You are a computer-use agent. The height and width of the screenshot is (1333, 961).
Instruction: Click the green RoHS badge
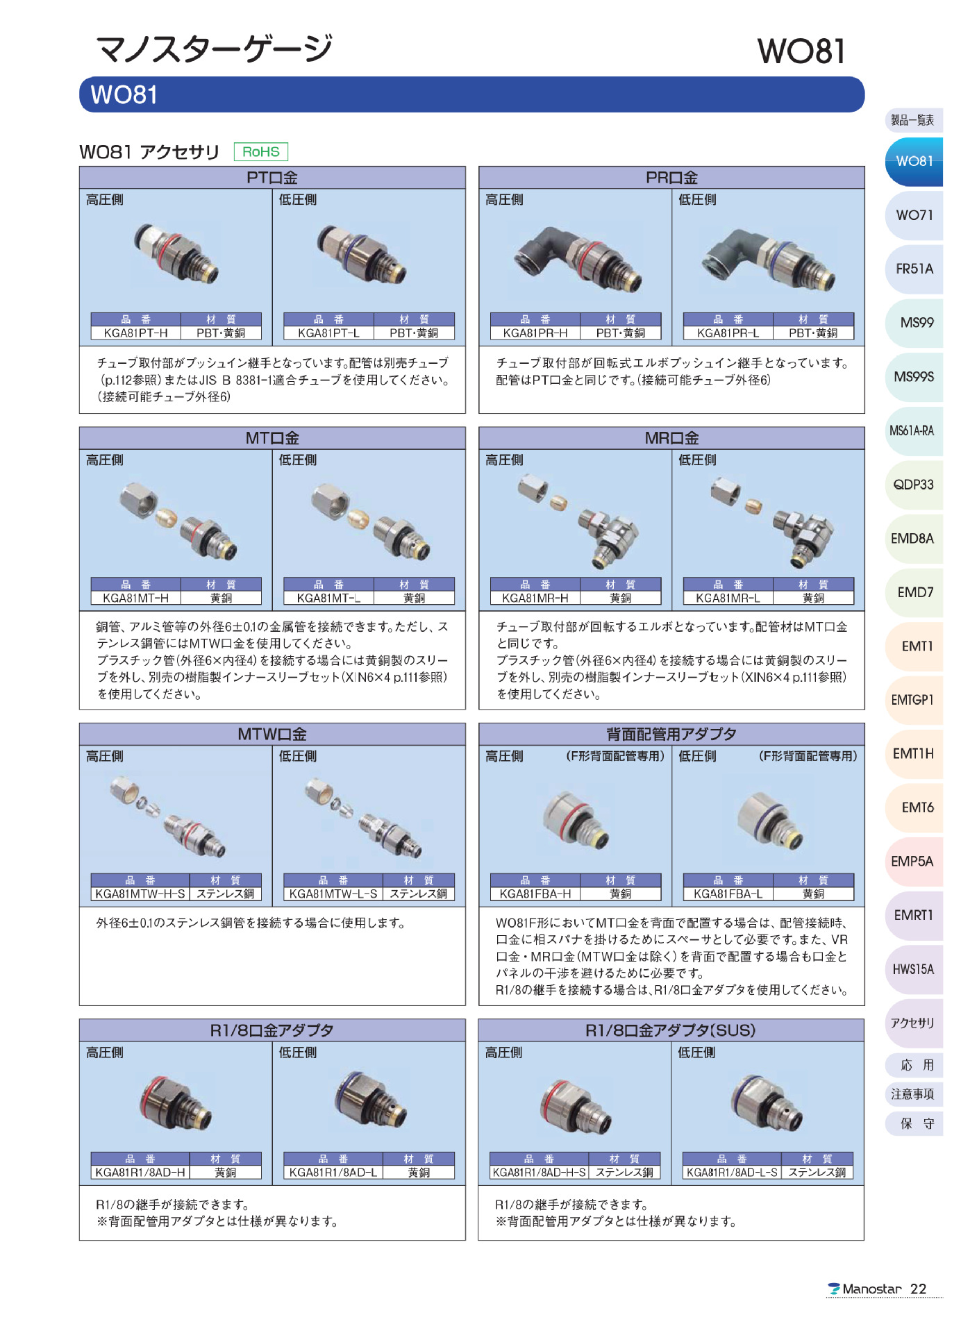click(260, 151)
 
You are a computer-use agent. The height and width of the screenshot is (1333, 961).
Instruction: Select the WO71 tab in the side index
click(914, 215)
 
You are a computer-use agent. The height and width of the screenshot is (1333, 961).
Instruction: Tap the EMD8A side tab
click(912, 539)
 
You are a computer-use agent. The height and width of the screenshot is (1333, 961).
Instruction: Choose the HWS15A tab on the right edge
click(913, 969)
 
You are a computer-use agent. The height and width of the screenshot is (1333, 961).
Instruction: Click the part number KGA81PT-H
click(135, 333)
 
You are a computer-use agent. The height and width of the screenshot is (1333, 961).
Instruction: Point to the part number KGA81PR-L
click(728, 333)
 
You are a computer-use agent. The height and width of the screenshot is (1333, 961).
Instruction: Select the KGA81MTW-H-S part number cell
click(140, 894)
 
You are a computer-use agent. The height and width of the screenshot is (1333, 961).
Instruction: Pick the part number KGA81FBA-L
click(728, 894)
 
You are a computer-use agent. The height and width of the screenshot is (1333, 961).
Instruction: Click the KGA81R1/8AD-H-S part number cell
click(539, 1173)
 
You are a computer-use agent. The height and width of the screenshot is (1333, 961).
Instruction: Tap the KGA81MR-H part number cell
click(535, 598)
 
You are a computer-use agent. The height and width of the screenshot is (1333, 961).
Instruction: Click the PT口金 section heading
click(272, 178)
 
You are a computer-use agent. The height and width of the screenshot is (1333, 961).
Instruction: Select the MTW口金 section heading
click(272, 735)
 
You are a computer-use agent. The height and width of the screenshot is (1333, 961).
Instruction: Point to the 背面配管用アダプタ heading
click(671, 735)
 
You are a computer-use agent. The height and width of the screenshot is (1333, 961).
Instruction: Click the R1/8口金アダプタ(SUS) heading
click(671, 1030)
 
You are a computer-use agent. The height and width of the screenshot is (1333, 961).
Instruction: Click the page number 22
click(918, 1289)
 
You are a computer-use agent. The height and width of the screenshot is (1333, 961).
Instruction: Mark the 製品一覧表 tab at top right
click(912, 120)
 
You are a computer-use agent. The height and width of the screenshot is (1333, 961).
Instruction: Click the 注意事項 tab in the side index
click(912, 1094)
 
